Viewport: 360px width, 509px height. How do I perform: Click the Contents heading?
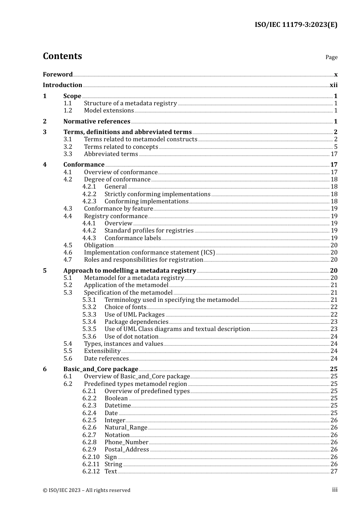point(62,56)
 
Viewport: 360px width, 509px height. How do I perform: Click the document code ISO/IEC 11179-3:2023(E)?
point(296,25)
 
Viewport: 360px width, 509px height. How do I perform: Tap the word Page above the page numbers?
point(331,57)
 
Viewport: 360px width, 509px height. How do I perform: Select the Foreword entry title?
point(58,75)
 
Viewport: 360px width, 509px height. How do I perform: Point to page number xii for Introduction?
point(333,85)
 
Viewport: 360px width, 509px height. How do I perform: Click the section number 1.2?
point(68,111)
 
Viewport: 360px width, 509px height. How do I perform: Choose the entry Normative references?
point(97,122)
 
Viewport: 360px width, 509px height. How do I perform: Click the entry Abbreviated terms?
point(111,154)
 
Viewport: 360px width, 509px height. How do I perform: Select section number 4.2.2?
point(89,194)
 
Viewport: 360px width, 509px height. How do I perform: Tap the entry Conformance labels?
point(133,238)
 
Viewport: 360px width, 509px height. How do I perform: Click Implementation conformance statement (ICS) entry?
point(149,253)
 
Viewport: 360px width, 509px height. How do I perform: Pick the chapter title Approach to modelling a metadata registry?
point(130,271)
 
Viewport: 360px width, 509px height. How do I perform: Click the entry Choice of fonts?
point(125,307)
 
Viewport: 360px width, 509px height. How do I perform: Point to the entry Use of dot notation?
point(131,337)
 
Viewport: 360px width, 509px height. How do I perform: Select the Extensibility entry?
point(102,351)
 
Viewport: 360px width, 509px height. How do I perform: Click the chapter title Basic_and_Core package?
point(101,369)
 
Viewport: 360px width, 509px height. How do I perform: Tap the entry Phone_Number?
point(126,442)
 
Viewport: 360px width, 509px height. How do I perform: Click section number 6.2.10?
point(91,457)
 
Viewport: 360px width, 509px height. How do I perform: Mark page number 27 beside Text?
point(334,472)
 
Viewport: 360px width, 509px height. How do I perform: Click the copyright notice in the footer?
point(86,490)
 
